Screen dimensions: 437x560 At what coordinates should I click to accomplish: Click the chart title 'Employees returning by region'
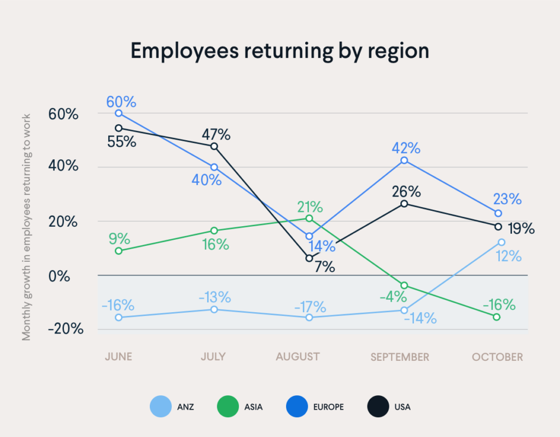click(x=279, y=51)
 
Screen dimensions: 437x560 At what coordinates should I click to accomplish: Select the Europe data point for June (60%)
click(x=118, y=113)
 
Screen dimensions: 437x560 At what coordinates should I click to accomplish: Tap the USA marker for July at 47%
click(x=214, y=146)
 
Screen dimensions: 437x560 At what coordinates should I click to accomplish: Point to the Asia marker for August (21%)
click(x=309, y=219)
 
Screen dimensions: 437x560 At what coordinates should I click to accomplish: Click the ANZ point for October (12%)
click(x=501, y=242)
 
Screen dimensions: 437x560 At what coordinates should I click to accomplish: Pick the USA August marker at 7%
click(x=309, y=258)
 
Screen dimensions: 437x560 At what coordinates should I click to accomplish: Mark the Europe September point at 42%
click(x=404, y=160)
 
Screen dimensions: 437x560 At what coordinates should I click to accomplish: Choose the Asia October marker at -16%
click(x=497, y=317)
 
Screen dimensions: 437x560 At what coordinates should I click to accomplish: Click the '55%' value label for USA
click(x=122, y=141)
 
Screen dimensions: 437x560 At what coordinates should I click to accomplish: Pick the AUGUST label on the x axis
click(x=297, y=357)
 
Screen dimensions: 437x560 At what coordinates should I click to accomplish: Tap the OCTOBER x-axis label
click(x=498, y=357)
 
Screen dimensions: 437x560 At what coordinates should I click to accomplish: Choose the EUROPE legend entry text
click(x=329, y=407)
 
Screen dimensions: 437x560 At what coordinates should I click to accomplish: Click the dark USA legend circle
click(x=376, y=407)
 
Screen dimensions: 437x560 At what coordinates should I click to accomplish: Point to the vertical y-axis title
click(x=26, y=227)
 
